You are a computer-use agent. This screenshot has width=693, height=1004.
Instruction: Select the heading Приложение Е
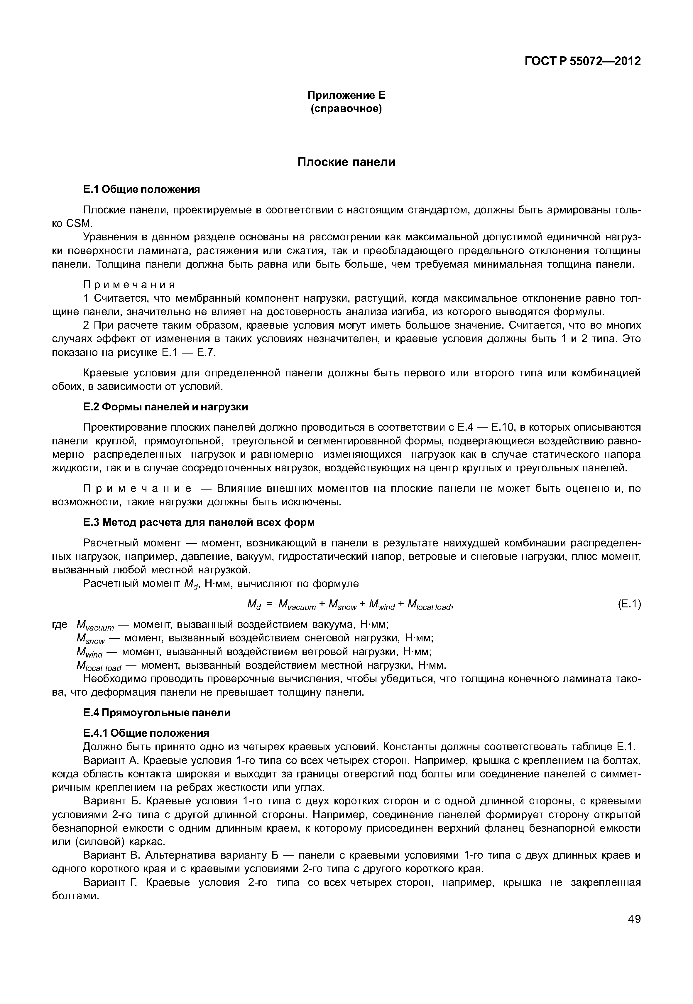346,95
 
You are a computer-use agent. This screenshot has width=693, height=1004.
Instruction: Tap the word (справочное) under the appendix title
346,108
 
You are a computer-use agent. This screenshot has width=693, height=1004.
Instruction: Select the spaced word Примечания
129,285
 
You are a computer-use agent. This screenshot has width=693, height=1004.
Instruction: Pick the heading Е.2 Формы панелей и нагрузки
165,407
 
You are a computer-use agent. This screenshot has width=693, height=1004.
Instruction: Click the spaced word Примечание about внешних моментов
137,489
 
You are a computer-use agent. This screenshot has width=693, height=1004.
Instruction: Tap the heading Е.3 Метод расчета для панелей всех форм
199,522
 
